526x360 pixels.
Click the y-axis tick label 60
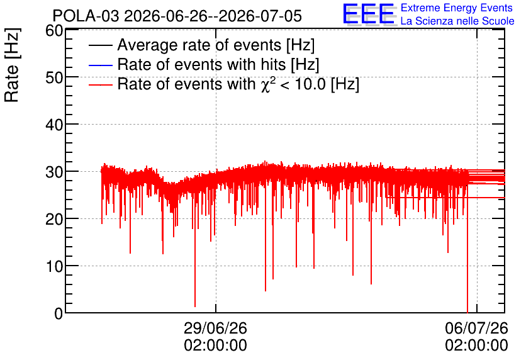tap(54, 31)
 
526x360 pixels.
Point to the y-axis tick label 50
tap(54, 78)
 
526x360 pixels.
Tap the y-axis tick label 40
tap(54, 125)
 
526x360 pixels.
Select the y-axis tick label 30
tap(54, 172)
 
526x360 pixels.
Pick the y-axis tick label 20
tap(54, 220)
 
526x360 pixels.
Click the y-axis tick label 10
tap(54, 266)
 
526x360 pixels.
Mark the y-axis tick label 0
tap(59, 313)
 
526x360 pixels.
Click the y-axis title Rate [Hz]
tap(12, 65)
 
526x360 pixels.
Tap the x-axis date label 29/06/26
tap(215, 328)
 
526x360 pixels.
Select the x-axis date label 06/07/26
tap(477, 328)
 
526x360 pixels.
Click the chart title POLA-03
tap(86, 16)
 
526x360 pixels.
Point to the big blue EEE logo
tap(368, 14)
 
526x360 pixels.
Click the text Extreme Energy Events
tap(457, 8)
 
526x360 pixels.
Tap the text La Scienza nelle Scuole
tap(457, 21)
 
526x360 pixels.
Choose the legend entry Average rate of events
tap(216, 45)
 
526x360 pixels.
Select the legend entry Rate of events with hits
tap(218, 64)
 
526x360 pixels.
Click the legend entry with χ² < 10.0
tap(238, 84)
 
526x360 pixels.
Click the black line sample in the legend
tap(100, 45)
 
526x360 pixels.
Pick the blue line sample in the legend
tap(100, 65)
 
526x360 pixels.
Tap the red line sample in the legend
tap(100, 84)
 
